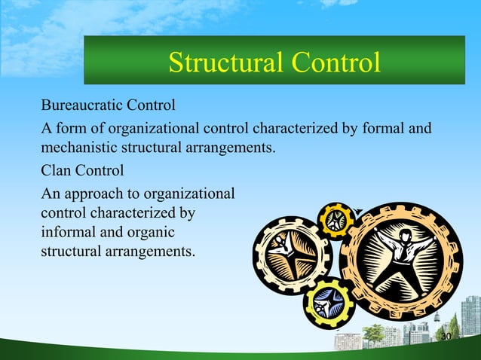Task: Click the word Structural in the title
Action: coord(222,63)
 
